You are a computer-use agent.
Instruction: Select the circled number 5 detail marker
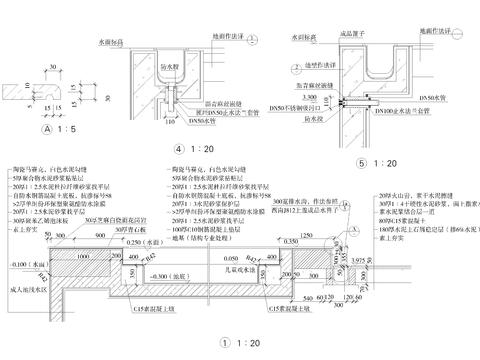click(x=359, y=160)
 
